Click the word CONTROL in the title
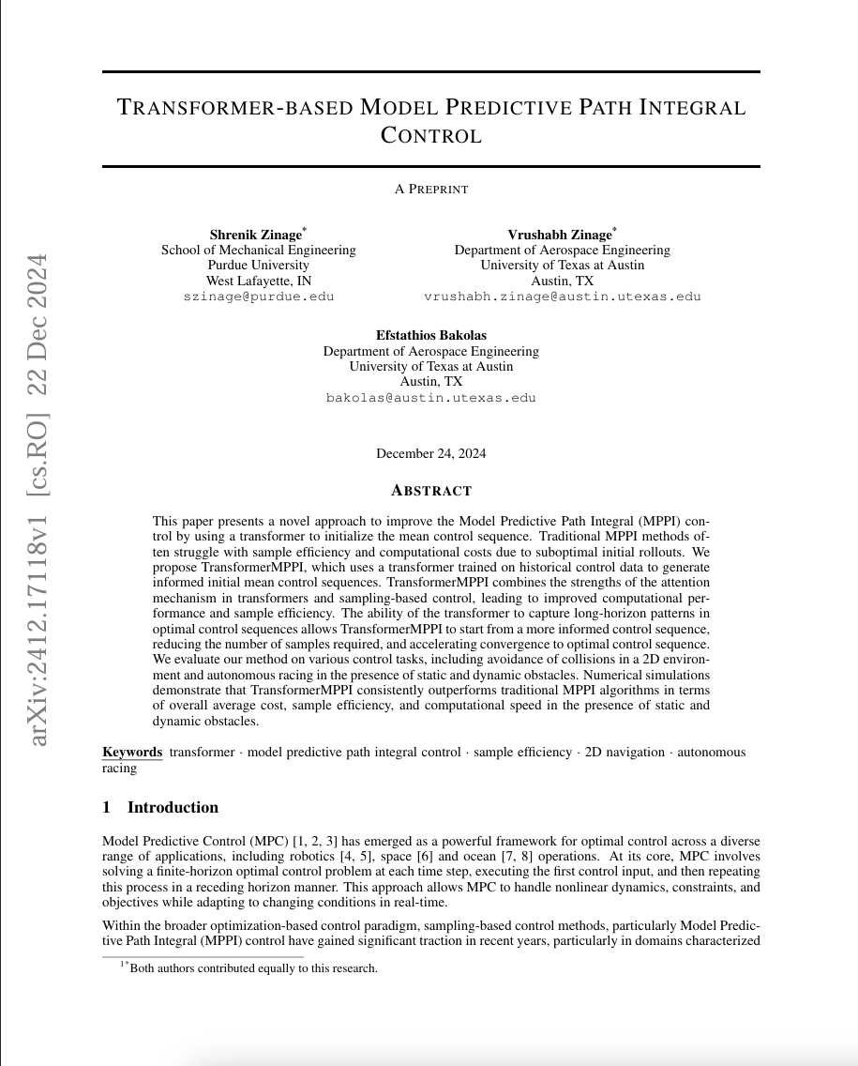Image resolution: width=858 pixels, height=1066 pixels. (x=430, y=135)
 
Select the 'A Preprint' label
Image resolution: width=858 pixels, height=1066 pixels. (x=430, y=189)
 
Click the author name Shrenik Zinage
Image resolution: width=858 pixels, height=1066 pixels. (x=256, y=235)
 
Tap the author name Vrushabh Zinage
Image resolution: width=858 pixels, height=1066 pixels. (x=561, y=235)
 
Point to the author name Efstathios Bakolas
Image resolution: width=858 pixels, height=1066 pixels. (x=430, y=335)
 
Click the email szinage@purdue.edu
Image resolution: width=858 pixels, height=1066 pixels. (x=258, y=296)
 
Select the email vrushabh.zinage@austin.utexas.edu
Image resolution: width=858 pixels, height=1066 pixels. (x=562, y=296)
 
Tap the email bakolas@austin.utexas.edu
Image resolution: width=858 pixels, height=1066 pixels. (x=430, y=397)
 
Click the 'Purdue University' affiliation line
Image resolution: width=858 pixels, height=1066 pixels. (x=258, y=266)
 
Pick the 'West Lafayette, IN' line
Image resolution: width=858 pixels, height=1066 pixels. (x=258, y=281)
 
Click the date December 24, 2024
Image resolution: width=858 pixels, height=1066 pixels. (x=430, y=454)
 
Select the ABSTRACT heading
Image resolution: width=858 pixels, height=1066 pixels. (x=430, y=491)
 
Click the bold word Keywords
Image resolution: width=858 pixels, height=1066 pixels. (x=131, y=752)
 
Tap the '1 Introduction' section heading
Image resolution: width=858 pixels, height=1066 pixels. (x=160, y=808)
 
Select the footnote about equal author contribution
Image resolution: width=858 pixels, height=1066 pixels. (x=251, y=968)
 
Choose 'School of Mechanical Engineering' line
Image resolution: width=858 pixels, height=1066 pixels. (x=258, y=251)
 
